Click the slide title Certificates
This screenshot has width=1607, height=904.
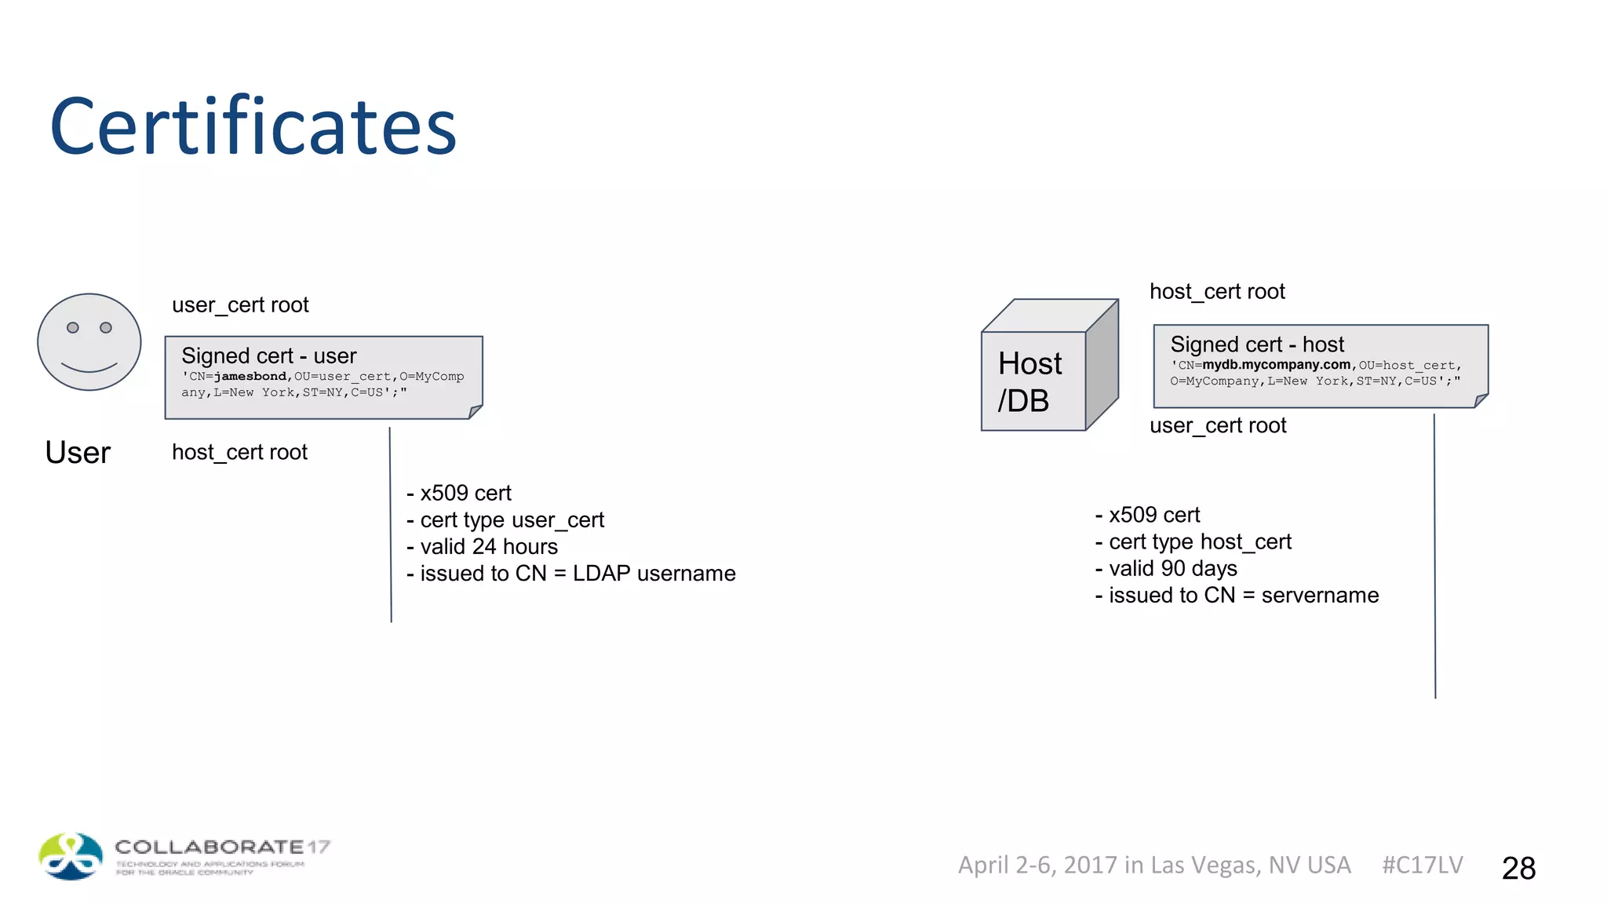point(253,127)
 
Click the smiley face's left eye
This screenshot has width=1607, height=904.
point(73,327)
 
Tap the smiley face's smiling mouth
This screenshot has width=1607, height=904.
point(89,367)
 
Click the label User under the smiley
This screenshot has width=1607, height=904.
point(78,453)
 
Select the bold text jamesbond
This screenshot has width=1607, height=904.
point(250,377)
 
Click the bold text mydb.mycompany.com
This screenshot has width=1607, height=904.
point(1276,365)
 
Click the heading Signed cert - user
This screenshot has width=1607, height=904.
point(268,356)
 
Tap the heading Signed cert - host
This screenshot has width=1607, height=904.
point(1256,344)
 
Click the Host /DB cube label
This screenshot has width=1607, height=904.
point(1029,381)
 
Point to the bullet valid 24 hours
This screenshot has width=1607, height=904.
point(482,547)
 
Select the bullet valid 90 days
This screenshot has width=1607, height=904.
point(1166,569)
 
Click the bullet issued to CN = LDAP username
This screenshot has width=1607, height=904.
point(570,574)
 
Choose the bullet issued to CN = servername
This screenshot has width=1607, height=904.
point(1237,596)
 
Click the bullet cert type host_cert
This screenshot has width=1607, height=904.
point(1193,542)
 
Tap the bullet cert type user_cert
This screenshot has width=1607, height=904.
point(505,520)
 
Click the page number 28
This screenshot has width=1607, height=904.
point(1518,868)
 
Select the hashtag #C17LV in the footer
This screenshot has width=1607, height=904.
point(1422,865)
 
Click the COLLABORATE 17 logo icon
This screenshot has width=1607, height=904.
point(71,856)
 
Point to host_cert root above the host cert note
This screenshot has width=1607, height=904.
point(1216,292)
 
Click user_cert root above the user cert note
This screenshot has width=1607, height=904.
point(240,305)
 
